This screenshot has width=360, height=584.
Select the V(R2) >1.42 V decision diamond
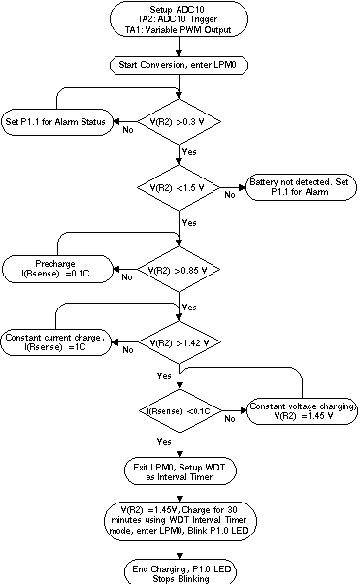(180, 342)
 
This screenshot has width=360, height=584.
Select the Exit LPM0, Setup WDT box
(180, 472)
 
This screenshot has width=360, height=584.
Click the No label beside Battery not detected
(230, 195)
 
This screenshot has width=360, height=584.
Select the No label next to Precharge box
(127, 277)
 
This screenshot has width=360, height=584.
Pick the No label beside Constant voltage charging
(231, 419)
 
